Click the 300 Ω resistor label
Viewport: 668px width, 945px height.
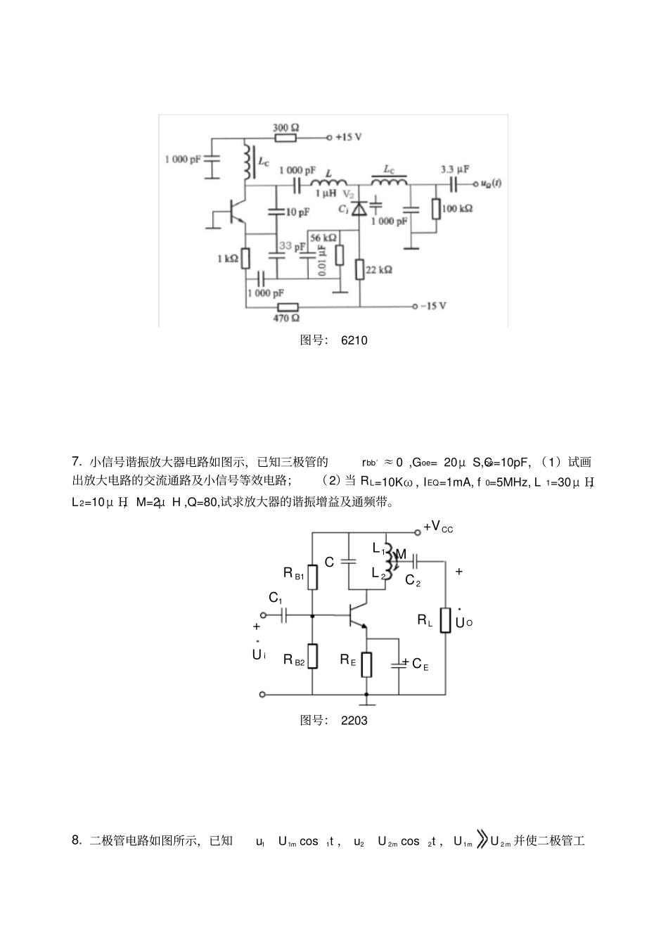pos(285,127)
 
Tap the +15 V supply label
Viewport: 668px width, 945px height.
pos(349,137)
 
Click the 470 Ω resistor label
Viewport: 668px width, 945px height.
pos(286,319)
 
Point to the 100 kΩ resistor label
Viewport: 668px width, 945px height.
pos(458,209)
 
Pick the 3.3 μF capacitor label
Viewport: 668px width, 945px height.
pos(455,169)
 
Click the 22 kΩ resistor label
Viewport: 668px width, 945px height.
pos(379,269)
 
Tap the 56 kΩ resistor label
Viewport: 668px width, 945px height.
pos(323,238)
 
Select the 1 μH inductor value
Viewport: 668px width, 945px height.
pos(326,193)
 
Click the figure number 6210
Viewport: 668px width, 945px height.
pos(354,340)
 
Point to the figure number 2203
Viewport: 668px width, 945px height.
pos(354,720)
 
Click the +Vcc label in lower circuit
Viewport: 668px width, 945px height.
pos(438,527)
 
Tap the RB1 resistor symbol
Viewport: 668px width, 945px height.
pos(313,577)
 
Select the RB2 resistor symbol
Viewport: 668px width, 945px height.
pos(313,656)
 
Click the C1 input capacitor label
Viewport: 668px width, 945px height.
pos(276,598)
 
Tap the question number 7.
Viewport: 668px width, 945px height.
pos(77,462)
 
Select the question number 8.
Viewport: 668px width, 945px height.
pos(77,840)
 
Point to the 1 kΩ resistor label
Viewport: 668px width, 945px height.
pos(228,259)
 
